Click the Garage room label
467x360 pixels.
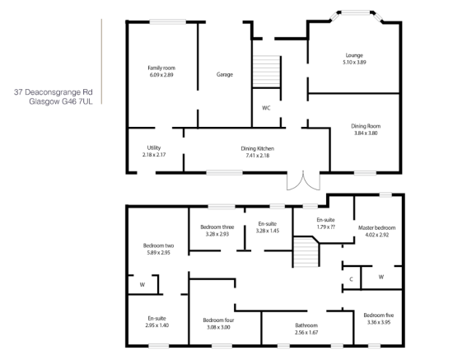(225, 74)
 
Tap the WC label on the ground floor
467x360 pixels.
(266, 108)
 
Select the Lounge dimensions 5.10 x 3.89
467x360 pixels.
(354, 63)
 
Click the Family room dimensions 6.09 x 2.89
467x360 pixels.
(161, 75)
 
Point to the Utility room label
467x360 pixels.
(154, 147)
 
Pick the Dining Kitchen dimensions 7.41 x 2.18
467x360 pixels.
(258, 156)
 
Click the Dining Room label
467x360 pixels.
(366, 126)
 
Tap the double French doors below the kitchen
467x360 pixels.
(303, 180)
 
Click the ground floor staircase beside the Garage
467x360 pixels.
(267, 72)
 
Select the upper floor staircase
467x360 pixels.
(306, 252)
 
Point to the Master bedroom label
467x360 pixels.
(376, 227)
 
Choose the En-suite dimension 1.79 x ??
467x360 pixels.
(326, 227)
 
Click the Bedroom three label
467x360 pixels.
(217, 227)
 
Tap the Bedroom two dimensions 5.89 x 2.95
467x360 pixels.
(158, 253)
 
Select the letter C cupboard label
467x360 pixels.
(351, 279)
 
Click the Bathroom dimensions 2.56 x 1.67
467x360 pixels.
(306, 333)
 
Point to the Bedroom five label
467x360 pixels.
(379, 316)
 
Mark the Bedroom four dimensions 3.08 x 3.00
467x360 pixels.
(218, 328)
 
